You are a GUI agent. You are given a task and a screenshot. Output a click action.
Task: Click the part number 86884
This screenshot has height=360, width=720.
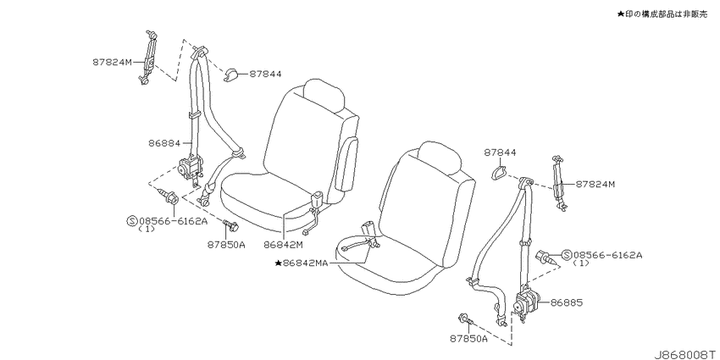point(164,143)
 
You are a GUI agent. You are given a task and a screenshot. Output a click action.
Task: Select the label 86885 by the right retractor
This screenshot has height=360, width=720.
point(567,302)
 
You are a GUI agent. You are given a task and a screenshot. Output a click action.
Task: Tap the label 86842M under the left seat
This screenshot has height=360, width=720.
point(283,245)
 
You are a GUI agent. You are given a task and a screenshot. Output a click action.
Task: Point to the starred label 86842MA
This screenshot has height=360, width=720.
point(302,263)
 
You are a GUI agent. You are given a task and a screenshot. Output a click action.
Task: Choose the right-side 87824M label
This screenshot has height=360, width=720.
point(595,184)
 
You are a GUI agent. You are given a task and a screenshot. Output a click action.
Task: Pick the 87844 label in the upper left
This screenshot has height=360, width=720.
point(265,74)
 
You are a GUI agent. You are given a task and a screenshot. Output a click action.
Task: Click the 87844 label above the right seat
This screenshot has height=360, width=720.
point(500,153)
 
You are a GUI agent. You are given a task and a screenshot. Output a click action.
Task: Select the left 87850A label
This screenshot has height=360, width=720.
point(225,245)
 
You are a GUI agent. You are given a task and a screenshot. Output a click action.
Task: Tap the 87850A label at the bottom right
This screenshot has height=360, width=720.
point(468,339)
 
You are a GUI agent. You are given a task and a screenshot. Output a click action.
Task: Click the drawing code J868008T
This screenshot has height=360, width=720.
point(685,355)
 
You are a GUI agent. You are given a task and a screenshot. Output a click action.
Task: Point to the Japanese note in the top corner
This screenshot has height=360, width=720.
point(662,14)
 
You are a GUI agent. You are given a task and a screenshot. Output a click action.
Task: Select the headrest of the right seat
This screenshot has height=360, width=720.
point(440,158)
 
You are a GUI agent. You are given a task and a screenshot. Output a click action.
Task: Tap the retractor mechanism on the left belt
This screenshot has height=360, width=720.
point(191,168)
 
